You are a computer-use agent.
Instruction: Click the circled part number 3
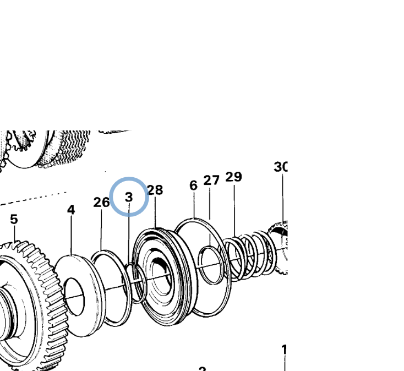pyautogui.click(x=129, y=197)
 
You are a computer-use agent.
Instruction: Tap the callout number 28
pyautogui.click(x=155, y=190)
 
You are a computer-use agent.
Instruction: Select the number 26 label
pyautogui.click(x=101, y=202)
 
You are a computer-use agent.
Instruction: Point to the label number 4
pyautogui.click(x=71, y=210)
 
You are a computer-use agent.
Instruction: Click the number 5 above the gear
pyautogui.click(x=14, y=219)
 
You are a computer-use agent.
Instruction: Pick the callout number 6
pyautogui.click(x=193, y=185)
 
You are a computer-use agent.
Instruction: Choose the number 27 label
pyautogui.click(x=211, y=180)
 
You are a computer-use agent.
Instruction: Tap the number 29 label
pyautogui.click(x=233, y=177)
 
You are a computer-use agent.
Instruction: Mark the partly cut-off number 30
pyautogui.click(x=281, y=167)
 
